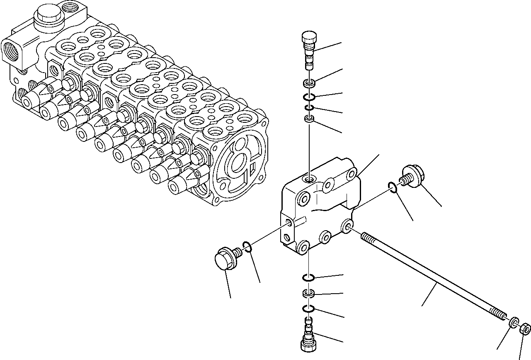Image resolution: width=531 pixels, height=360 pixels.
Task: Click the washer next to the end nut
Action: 513,321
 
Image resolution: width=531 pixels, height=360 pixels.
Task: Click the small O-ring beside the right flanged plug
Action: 393,188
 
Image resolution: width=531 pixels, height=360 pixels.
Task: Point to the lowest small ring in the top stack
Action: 309,119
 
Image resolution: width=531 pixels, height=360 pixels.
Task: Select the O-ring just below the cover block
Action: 309,277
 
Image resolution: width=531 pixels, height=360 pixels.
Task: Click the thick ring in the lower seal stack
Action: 309,294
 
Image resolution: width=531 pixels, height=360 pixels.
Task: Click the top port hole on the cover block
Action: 309,179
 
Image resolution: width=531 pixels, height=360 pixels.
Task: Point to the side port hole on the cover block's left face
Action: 289,224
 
